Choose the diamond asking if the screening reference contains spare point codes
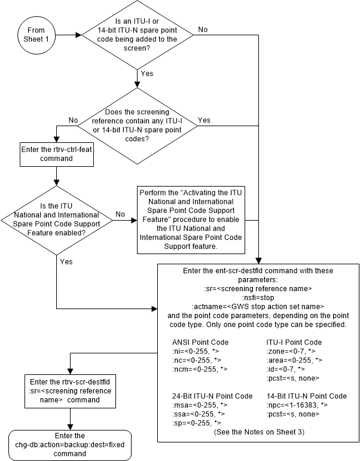point(138,126)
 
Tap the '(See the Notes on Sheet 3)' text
point(258,432)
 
